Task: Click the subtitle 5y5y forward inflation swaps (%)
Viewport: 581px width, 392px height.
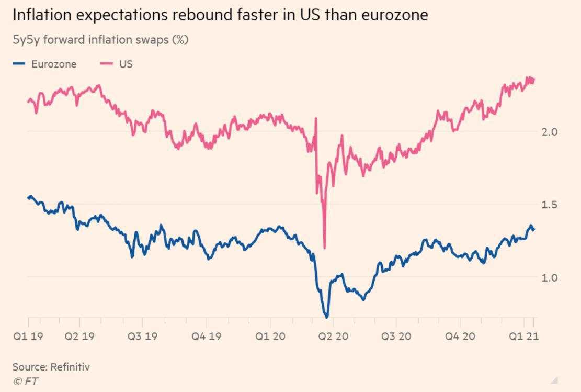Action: (100, 40)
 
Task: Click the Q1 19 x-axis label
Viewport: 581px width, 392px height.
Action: (28, 336)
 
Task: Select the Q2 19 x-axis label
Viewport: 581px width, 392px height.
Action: (80, 336)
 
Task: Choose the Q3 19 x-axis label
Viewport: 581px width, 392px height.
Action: (143, 336)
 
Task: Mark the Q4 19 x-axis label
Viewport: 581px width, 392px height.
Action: (206, 336)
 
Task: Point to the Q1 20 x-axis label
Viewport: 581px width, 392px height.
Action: (270, 336)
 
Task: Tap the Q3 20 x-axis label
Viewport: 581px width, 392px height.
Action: (396, 336)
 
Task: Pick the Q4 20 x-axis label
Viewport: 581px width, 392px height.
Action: (460, 336)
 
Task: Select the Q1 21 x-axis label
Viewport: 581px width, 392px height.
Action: (523, 336)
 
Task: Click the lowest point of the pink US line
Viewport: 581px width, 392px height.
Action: (325, 248)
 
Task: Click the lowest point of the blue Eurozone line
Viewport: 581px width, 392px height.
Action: (327, 317)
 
